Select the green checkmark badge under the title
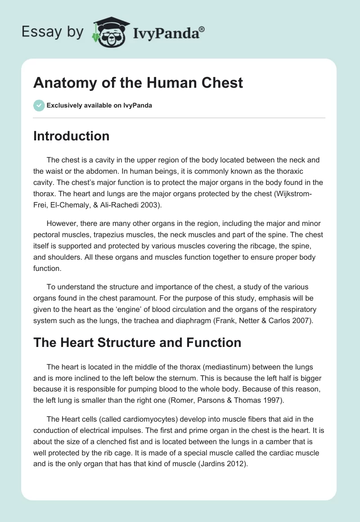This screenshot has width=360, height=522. click(39, 105)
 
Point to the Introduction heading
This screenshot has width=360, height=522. click(71, 136)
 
